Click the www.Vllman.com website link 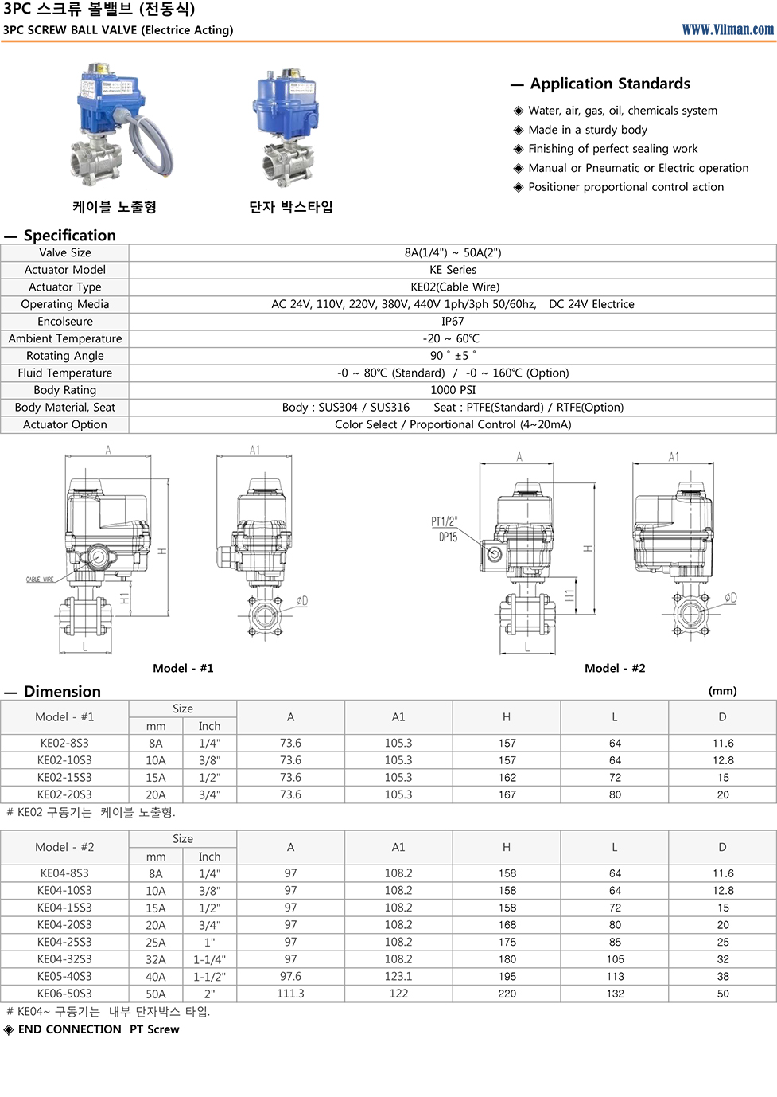pos(727,29)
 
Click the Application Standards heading pos(609,84)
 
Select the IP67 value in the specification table pos(453,322)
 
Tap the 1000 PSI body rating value pos(453,390)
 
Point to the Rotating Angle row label pos(65,356)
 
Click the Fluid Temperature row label pos(65,373)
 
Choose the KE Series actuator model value pos(453,270)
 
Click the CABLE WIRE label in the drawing pos(40,580)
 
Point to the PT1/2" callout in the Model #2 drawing pos(444,522)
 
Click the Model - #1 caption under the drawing pos(183,668)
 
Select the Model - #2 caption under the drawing pos(615,668)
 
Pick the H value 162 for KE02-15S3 pos(507,778)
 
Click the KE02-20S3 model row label pos(64,794)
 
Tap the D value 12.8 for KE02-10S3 pos(722,760)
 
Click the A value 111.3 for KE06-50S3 pos(290,994)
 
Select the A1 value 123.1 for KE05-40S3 pos(398,976)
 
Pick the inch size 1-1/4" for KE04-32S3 pos(209,959)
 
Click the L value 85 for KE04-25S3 pos(615,942)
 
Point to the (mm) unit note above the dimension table pos(722,691)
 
